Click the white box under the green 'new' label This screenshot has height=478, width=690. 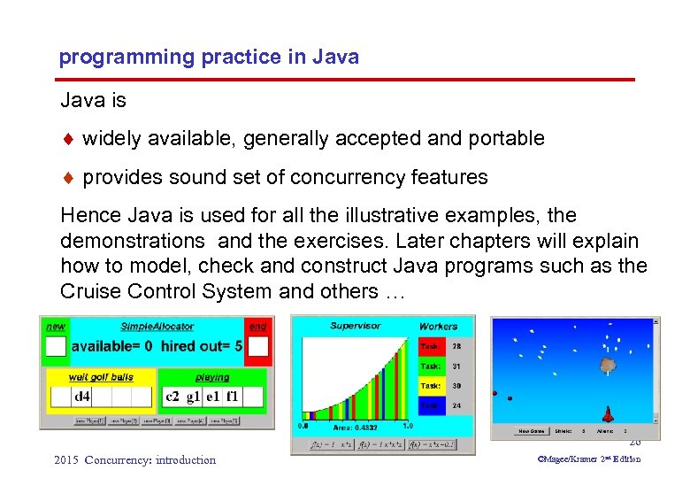click(x=56, y=346)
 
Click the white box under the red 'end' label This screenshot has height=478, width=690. click(x=257, y=346)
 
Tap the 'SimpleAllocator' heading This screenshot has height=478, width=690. click(x=156, y=327)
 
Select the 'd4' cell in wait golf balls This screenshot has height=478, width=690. click(x=82, y=397)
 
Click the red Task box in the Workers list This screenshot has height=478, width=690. click(x=431, y=347)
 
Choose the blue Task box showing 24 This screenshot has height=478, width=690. click(x=431, y=406)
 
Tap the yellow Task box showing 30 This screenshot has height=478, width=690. click(x=431, y=386)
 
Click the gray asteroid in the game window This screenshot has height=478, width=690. click(x=608, y=364)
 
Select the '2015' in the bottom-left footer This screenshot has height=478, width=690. click(x=66, y=459)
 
